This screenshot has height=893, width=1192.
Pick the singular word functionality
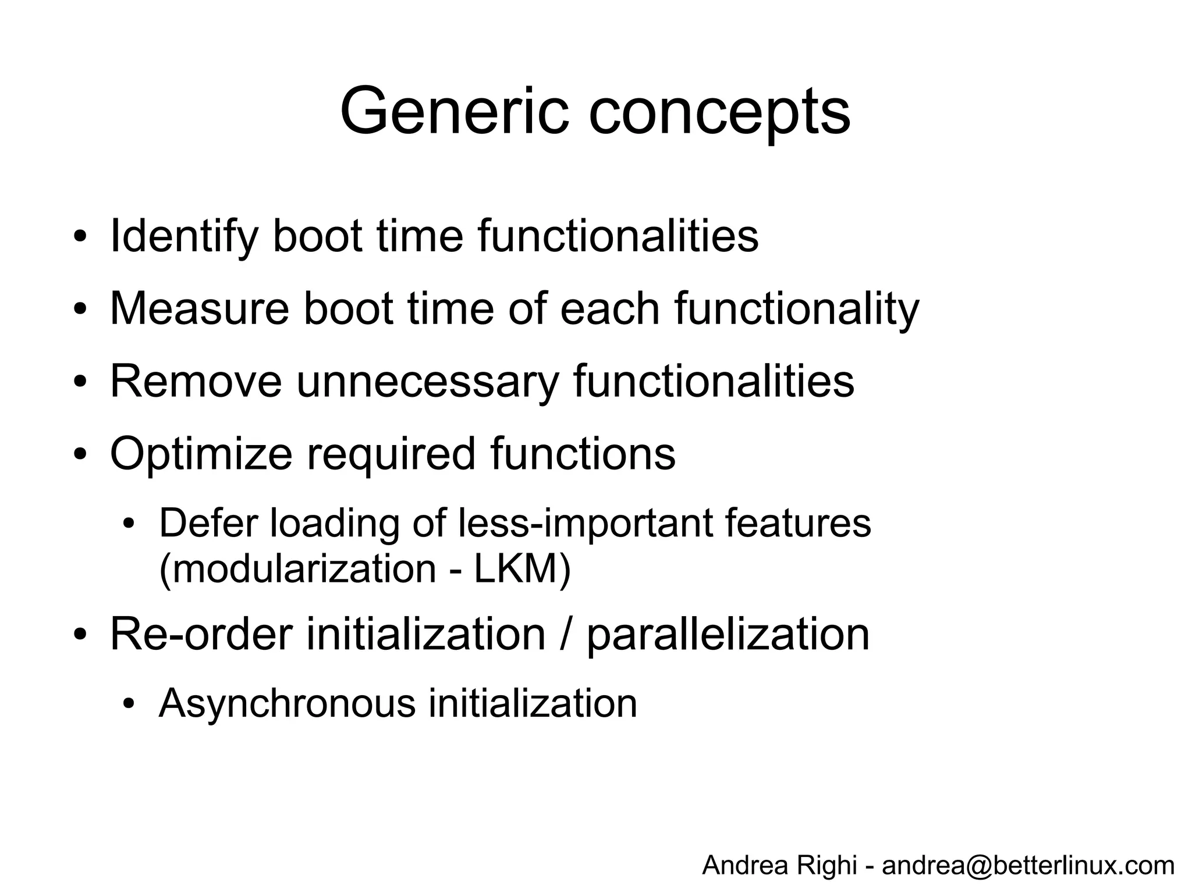coord(797,309)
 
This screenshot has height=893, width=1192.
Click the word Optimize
coord(201,454)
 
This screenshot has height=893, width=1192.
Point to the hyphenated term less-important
coord(585,523)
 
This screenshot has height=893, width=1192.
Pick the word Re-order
coord(201,634)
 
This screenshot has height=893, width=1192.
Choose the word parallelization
coord(728,635)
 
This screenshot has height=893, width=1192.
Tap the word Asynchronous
coord(287,703)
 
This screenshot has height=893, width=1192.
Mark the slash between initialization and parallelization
coord(565,634)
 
